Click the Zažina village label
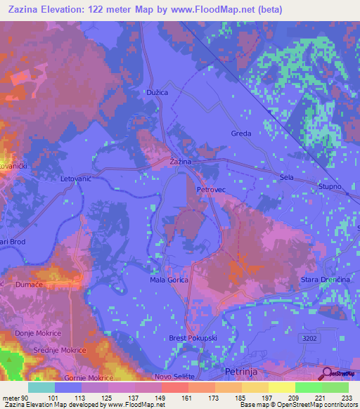point(181,162)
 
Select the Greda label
point(241,134)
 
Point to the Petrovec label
point(210,190)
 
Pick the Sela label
point(286,178)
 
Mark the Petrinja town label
point(242,370)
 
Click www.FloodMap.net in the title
point(224,11)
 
